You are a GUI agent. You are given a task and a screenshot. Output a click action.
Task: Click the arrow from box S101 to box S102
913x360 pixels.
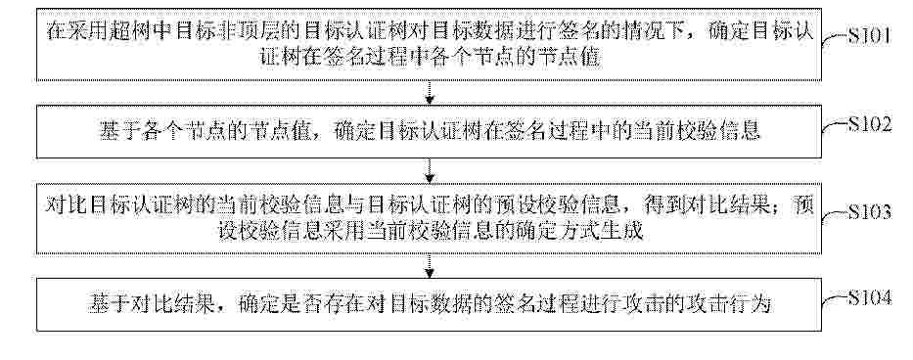pyautogui.click(x=430, y=93)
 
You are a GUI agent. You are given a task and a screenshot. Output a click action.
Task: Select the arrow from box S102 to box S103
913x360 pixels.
pyautogui.click(x=430, y=170)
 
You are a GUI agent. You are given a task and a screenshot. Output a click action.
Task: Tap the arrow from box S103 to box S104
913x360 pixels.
pyautogui.click(x=430, y=266)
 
